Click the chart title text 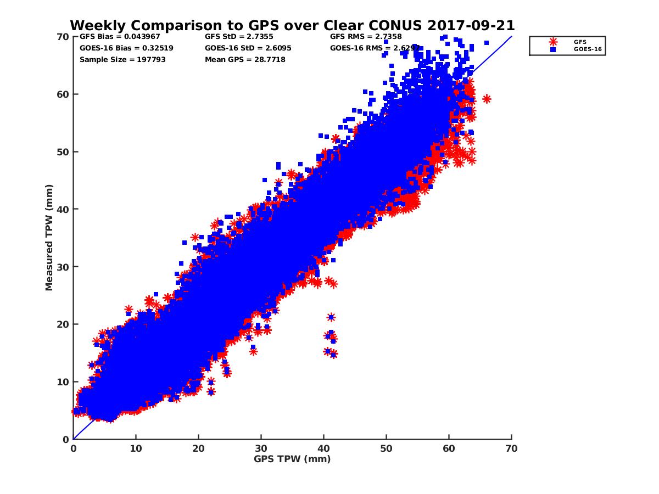click(x=292, y=25)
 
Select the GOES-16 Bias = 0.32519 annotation click(x=126, y=48)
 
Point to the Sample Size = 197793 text click(x=122, y=59)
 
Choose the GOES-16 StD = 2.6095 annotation click(x=248, y=48)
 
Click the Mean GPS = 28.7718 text click(x=245, y=59)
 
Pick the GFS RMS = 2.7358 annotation click(x=366, y=37)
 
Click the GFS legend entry click(x=580, y=42)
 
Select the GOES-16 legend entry click(x=585, y=49)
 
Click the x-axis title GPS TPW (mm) click(x=292, y=459)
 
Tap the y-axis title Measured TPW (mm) click(x=49, y=238)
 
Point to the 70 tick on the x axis click(x=511, y=448)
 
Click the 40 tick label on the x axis click(x=324, y=448)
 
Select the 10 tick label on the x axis click(x=136, y=448)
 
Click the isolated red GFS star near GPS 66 click(x=487, y=99)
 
